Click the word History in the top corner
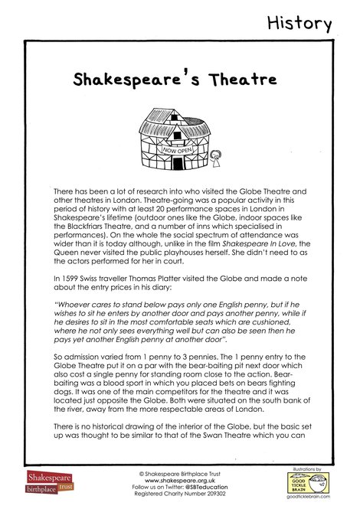click(299, 23)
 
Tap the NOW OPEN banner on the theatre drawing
click(177, 151)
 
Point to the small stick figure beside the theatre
click(214, 159)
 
